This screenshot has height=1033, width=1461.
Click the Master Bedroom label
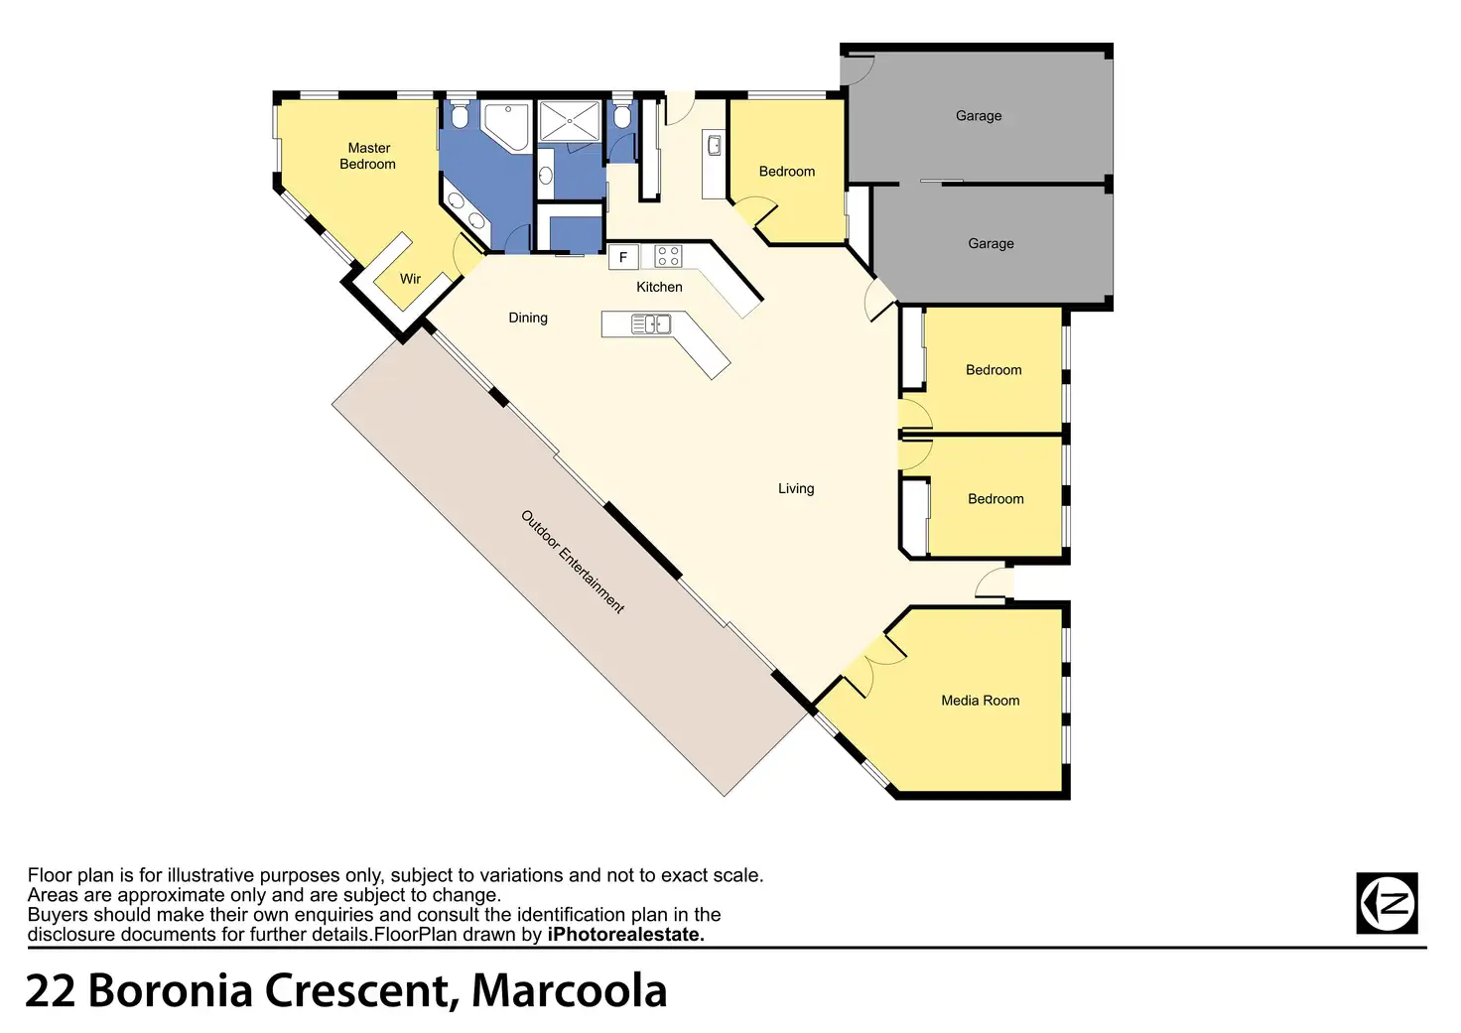pyautogui.click(x=368, y=156)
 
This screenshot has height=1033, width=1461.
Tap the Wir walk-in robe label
pyautogui.click(x=410, y=279)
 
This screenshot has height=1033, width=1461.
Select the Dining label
pyautogui.click(x=528, y=318)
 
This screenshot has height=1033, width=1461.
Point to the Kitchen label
pyautogui.click(x=659, y=287)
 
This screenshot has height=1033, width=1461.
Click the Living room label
pyautogui.click(x=796, y=488)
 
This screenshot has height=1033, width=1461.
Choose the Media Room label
pyautogui.click(x=981, y=701)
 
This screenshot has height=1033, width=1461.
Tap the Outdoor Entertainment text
pyautogui.click(x=573, y=562)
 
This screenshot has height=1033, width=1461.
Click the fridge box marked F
pyautogui.click(x=623, y=257)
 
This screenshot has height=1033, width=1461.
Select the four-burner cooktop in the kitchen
pyautogui.click(x=668, y=257)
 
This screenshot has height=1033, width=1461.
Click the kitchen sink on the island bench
pyautogui.click(x=651, y=323)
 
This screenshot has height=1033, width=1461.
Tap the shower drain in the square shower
pyautogui.click(x=570, y=121)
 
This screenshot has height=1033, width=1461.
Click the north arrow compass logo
pyautogui.click(x=1387, y=903)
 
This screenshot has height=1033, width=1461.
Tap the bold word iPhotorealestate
pyautogui.click(x=625, y=934)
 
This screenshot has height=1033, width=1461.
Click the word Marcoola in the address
pyautogui.click(x=569, y=990)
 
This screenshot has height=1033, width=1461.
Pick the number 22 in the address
pyautogui.click(x=50, y=990)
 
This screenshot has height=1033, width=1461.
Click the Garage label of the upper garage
pyautogui.click(x=979, y=116)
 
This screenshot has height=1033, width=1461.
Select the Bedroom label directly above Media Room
pyautogui.click(x=996, y=499)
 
